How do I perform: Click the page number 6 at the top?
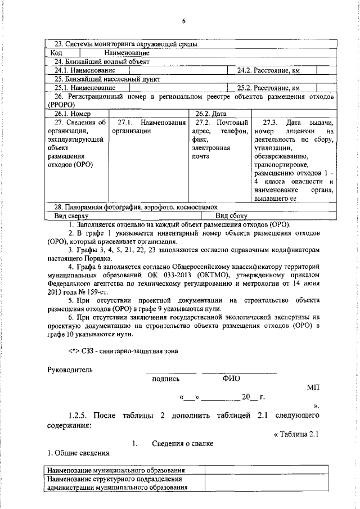pyautogui.click(x=183, y=21)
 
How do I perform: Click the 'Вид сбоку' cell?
pyautogui.click(x=232, y=215)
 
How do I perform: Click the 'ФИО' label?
pyautogui.click(x=231, y=379)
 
